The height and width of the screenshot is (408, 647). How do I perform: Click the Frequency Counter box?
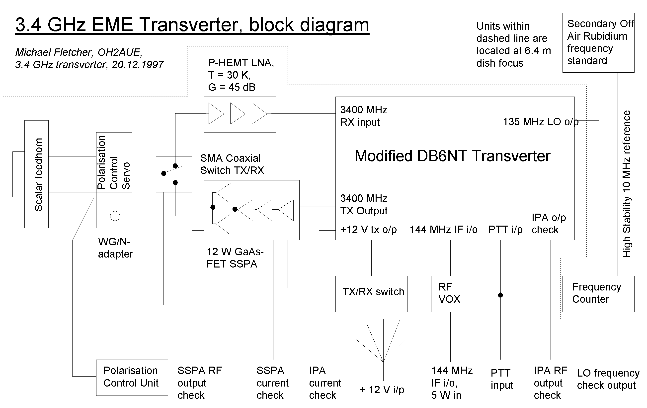point(598,294)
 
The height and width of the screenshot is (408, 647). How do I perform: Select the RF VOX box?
point(449,294)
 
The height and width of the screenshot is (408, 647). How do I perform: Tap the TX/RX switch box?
point(371,294)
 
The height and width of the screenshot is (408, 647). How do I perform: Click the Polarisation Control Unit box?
point(132,377)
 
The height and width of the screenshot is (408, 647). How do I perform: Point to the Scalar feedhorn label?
point(38,174)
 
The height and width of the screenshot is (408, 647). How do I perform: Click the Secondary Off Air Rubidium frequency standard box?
point(598,42)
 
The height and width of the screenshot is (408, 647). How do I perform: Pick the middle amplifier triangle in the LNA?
point(237,114)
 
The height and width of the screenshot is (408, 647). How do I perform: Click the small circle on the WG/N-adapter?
point(115,216)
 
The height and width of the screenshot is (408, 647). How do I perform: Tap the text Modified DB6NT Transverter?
point(452,156)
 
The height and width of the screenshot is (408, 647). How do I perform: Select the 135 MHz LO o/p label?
point(540,122)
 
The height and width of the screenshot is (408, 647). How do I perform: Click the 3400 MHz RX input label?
point(364,116)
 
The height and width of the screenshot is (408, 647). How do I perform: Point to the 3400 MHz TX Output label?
point(364,204)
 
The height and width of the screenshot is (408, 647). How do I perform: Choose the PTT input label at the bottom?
point(502,379)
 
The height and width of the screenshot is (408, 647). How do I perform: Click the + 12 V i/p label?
point(382,390)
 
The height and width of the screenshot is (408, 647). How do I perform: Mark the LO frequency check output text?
point(608,379)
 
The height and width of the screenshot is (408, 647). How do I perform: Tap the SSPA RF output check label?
point(199,383)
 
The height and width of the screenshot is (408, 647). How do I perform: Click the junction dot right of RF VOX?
point(500,295)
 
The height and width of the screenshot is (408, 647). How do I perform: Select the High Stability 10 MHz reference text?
point(627,184)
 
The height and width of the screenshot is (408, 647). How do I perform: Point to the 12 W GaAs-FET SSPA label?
point(235,258)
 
